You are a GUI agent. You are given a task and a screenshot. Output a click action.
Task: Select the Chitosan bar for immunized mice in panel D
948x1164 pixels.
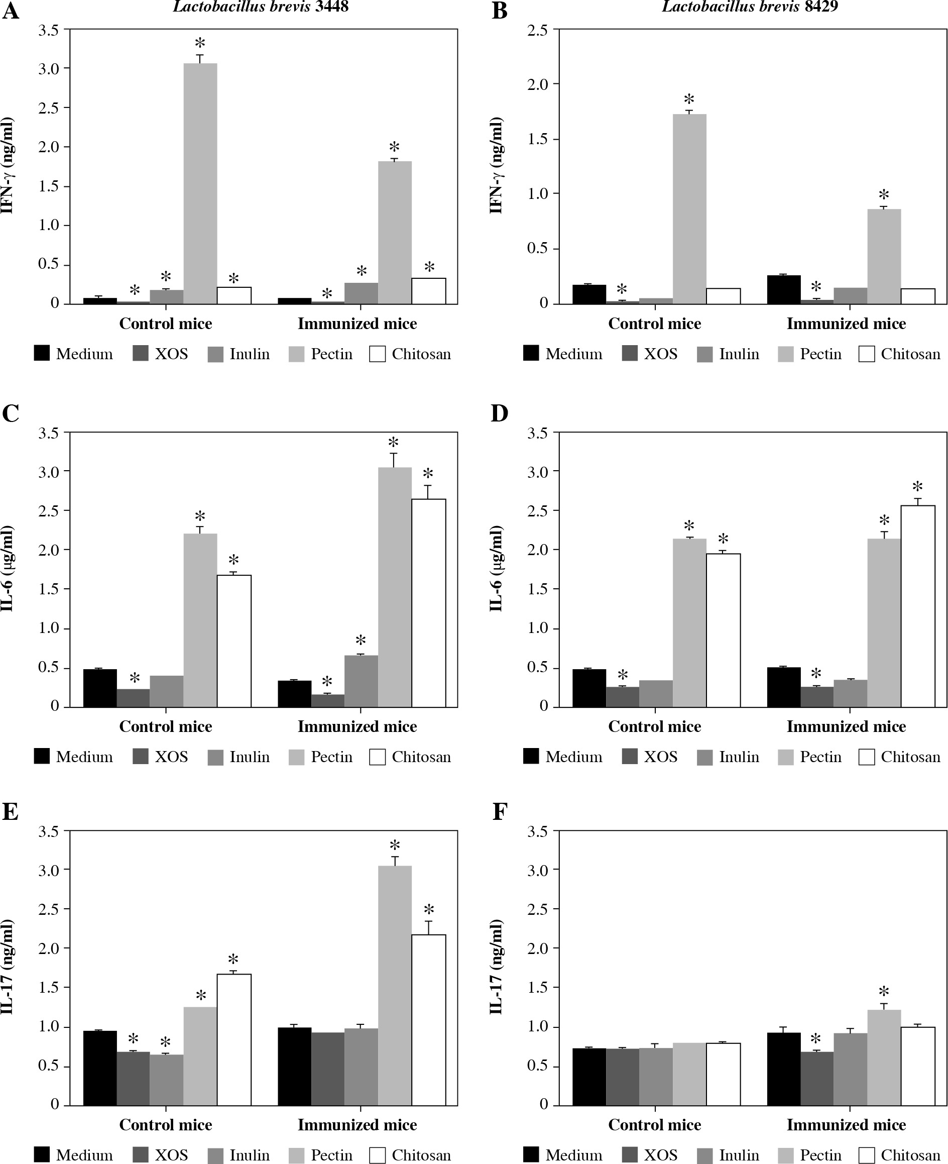pyautogui.click(x=917, y=606)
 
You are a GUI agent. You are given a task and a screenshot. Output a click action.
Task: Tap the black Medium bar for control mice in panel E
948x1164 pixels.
pyautogui.click(x=100, y=1068)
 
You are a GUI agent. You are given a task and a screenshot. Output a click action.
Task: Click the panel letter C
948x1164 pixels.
pyautogui.click(x=11, y=413)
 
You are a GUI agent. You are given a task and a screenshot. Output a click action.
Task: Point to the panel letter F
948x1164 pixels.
pyautogui.click(x=499, y=812)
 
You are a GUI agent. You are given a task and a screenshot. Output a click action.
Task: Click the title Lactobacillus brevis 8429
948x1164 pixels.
pyautogui.click(x=750, y=7)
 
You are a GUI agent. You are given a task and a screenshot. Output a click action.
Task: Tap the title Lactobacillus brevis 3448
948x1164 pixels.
pyautogui.click(x=261, y=7)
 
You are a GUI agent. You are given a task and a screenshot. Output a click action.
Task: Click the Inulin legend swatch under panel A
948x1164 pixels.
pyautogui.click(x=216, y=354)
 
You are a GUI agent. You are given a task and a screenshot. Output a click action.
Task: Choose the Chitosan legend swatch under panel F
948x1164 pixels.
pyautogui.click(x=867, y=1155)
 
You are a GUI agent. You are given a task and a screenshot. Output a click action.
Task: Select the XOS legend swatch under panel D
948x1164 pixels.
pyautogui.click(x=630, y=757)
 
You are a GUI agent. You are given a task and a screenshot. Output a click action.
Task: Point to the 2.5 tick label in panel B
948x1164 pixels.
pyautogui.click(x=537, y=30)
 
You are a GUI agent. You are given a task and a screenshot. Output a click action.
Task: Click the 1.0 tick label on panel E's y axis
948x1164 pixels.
pyautogui.click(x=49, y=1026)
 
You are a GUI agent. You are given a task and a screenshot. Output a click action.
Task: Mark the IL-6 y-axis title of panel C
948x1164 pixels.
pyautogui.click(x=8, y=568)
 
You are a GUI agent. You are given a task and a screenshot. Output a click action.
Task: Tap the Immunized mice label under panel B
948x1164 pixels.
pyautogui.click(x=846, y=324)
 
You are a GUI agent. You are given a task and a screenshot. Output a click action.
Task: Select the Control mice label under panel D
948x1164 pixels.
pyautogui.click(x=654, y=726)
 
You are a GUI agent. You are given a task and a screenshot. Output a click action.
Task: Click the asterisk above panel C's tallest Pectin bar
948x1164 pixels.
pyautogui.click(x=393, y=443)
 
